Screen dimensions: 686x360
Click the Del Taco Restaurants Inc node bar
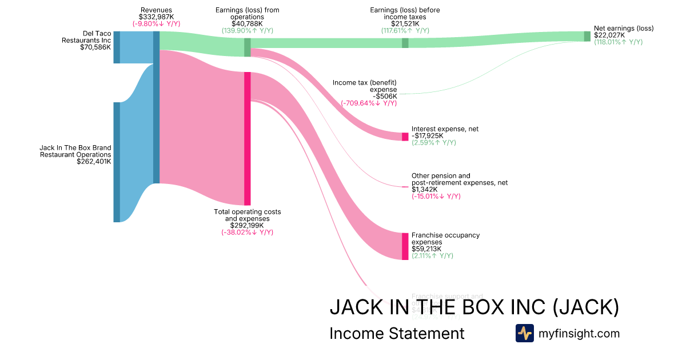click(x=117, y=47)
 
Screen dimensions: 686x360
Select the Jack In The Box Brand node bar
click(x=117, y=162)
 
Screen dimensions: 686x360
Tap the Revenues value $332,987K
click(x=156, y=17)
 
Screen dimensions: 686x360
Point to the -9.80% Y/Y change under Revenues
click(x=156, y=24)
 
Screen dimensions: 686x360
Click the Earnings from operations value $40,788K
click(x=248, y=24)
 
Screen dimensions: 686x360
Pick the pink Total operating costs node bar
click(x=248, y=138)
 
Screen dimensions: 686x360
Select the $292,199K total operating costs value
click(x=248, y=225)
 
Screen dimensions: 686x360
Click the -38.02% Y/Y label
click(x=248, y=232)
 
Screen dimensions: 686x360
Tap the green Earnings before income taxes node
click(x=405, y=43)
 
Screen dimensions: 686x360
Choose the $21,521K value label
click(x=405, y=23)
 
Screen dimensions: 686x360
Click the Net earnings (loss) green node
click(x=587, y=37)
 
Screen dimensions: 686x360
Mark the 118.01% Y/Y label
click(x=618, y=42)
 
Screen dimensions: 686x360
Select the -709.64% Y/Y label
click(x=369, y=103)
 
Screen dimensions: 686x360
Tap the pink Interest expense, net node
click(x=405, y=137)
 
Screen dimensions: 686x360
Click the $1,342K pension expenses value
click(x=425, y=189)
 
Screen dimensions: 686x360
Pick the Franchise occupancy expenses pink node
click(x=405, y=246)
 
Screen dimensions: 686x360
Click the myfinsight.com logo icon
click(x=525, y=333)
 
